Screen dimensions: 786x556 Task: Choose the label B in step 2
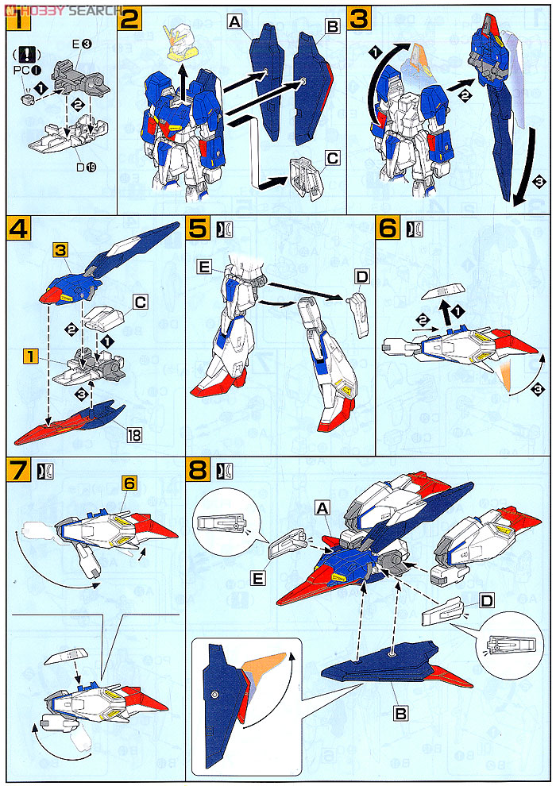[x=331, y=26]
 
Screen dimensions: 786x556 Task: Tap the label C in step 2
[x=331, y=159]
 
